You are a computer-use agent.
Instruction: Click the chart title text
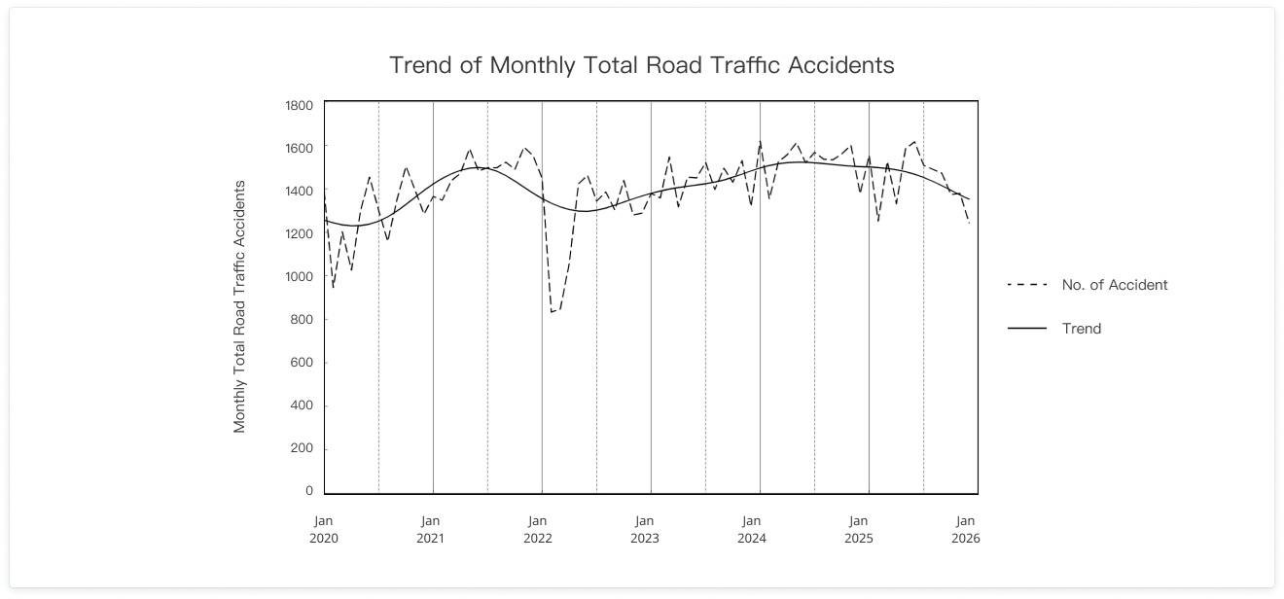pyautogui.click(x=641, y=65)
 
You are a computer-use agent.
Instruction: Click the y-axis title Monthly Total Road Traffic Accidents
pyautogui.click(x=239, y=306)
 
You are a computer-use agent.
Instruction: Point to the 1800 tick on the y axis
pyautogui.click(x=299, y=105)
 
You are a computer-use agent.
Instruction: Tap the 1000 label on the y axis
pyautogui.click(x=299, y=276)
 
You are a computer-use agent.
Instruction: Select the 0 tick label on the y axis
pyautogui.click(x=308, y=491)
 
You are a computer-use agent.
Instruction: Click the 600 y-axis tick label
pyautogui.click(x=302, y=363)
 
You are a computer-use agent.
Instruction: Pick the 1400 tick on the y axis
pyautogui.click(x=299, y=191)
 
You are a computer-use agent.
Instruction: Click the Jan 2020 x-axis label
pyautogui.click(x=323, y=529)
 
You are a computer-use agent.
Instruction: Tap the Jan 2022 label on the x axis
pyautogui.click(x=538, y=529)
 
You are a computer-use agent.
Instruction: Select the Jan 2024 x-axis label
pyautogui.click(x=752, y=529)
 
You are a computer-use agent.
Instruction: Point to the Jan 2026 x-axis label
pyautogui.click(x=966, y=529)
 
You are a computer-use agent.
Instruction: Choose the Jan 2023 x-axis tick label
pyautogui.click(x=645, y=529)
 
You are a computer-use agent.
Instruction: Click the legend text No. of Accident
pyautogui.click(x=1115, y=285)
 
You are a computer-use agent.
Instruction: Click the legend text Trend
pyautogui.click(x=1082, y=329)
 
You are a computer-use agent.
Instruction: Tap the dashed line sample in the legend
pyautogui.click(x=1027, y=285)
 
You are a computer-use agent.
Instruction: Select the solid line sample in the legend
pyautogui.click(x=1027, y=329)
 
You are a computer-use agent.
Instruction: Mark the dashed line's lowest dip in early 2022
pyautogui.click(x=552, y=312)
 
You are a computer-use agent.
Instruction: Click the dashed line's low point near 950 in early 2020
pyautogui.click(x=333, y=288)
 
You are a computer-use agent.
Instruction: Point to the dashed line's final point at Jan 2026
pyautogui.click(x=969, y=224)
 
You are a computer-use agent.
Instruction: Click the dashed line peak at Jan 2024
pyautogui.click(x=760, y=142)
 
